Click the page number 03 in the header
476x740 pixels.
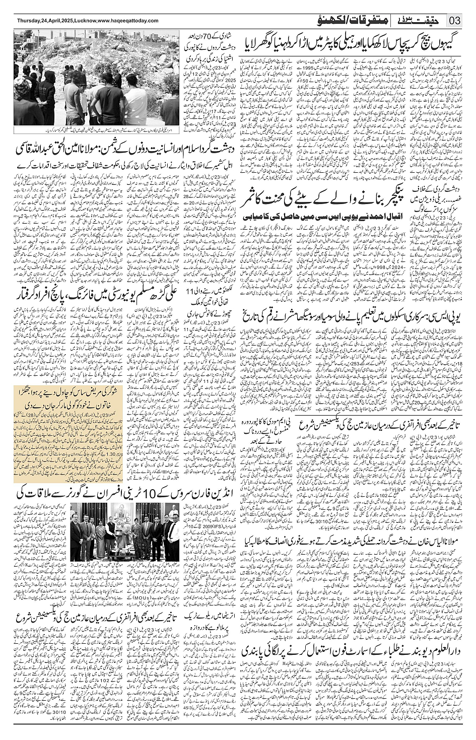point(455,21)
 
